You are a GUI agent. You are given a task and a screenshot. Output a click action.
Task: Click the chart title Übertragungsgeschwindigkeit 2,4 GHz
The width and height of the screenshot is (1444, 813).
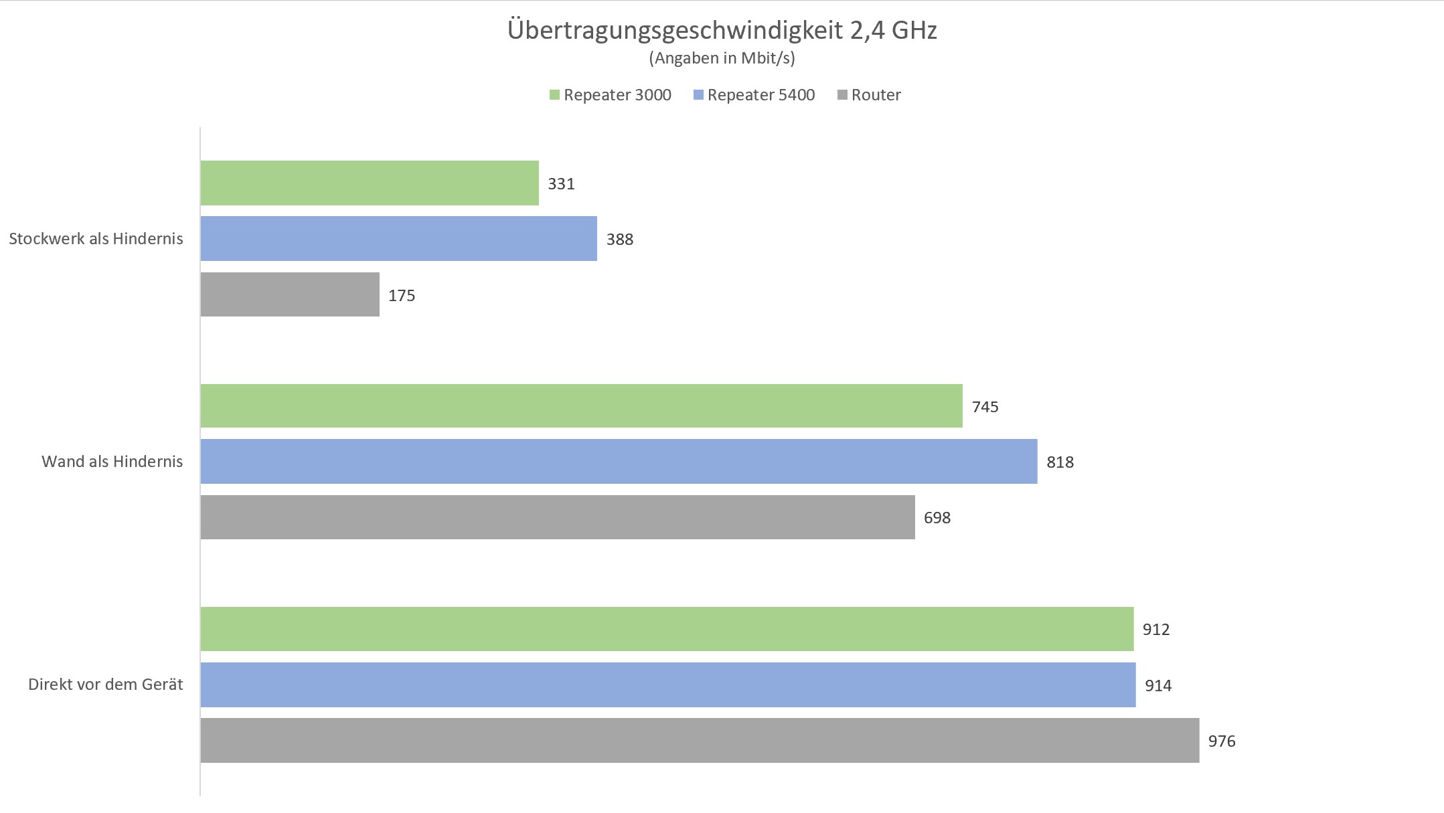click(x=722, y=30)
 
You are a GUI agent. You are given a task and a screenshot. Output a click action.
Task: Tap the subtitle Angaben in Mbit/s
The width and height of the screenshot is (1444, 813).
click(x=722, y=58)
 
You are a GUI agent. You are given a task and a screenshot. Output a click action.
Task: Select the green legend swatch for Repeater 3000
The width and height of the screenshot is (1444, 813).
click(x=554, y=95)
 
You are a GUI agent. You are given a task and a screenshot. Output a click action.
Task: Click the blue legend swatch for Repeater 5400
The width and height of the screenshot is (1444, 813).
click(x=698, y=95)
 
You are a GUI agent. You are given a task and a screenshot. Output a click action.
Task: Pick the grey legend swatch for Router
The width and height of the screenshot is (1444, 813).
click(x=842, y=95)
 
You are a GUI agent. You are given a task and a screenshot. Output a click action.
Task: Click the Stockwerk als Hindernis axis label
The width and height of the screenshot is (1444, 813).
click(x=96, y=239)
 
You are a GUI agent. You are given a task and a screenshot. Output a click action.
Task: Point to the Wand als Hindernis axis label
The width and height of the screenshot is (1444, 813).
click(x=112, y=462)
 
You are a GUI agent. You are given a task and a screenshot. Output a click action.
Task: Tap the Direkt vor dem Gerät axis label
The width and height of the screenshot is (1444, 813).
click(x=105, y=685)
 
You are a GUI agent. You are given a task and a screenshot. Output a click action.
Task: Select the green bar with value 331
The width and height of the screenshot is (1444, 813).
click(x=370, y=183)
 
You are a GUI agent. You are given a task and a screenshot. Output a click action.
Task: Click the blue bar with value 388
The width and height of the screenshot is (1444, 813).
click(x=398, y=238)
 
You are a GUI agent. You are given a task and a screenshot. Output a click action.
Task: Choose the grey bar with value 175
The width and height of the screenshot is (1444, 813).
click(x=290, y=294)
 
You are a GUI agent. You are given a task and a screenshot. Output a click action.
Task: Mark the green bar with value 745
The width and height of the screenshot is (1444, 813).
click(x=581, y=405)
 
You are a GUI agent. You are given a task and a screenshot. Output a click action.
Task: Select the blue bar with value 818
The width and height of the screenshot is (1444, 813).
click(x=619, y=461)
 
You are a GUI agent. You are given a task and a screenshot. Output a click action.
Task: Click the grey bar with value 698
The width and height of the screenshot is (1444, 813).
click(x=558, y=517)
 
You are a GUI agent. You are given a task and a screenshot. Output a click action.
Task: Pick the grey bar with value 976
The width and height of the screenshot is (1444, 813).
click(x=700, y=740)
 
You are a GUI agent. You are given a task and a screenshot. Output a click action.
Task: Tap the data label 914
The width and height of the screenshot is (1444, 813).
click(x=1158, y=685)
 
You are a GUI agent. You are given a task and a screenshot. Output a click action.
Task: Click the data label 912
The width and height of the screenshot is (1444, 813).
click(x=1156, y=630)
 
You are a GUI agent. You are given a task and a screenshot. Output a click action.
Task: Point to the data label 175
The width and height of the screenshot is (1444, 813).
click(x=402, y=296)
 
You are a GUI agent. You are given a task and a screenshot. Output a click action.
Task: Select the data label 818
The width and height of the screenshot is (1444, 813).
click(x=1060, y=462)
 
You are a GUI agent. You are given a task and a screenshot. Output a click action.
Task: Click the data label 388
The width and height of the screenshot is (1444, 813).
click(x=619, y=240)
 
